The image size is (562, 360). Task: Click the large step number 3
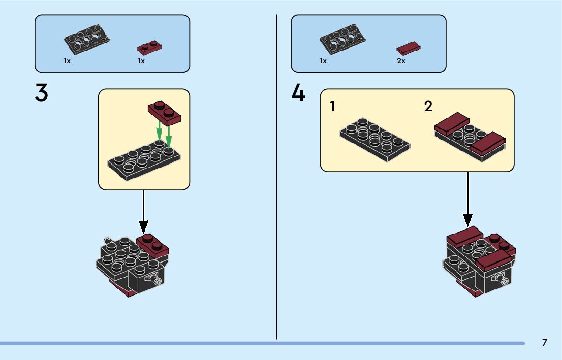tap(41, 92)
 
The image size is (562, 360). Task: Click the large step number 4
tap(298, 92)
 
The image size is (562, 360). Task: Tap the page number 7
tap(545, 343)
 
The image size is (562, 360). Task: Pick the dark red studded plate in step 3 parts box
tap(149, 48)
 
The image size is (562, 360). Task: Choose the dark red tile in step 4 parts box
tap(409, 48)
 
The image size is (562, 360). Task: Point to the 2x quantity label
tap(401, 61)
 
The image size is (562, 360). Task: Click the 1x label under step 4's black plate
tap(323, 61)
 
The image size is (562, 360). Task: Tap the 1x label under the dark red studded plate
tap(141, 61)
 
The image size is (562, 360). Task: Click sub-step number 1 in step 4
tap(332, 107)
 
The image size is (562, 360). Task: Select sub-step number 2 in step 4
tap(428, 107)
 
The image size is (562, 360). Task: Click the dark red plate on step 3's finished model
tap(152, 244)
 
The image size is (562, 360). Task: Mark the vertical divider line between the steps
tap(277, 178)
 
